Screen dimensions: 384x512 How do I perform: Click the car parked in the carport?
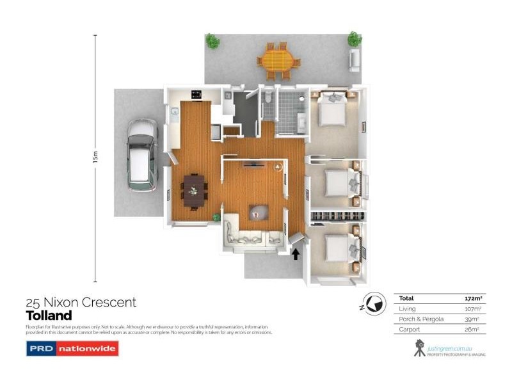(x=141, y=154)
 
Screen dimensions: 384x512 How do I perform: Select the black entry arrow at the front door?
(x=296, y=253)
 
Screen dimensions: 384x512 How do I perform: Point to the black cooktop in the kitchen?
(x=195, y=96)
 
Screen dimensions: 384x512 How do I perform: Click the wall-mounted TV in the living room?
(x=254, y=164)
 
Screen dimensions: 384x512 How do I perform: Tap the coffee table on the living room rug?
(x=259, y=212)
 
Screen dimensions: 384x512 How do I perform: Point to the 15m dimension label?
(x=95, y=157)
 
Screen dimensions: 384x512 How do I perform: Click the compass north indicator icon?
(x=375, y=302)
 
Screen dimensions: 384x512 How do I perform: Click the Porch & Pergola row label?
(x=417, y=319)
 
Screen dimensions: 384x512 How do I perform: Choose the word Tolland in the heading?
(x=49, y=316)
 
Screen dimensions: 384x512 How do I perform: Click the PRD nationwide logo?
(x=72, y=349)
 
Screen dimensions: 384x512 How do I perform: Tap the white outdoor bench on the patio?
(x=354, y=59)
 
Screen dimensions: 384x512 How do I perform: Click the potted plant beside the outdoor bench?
(x=354, y=39)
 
